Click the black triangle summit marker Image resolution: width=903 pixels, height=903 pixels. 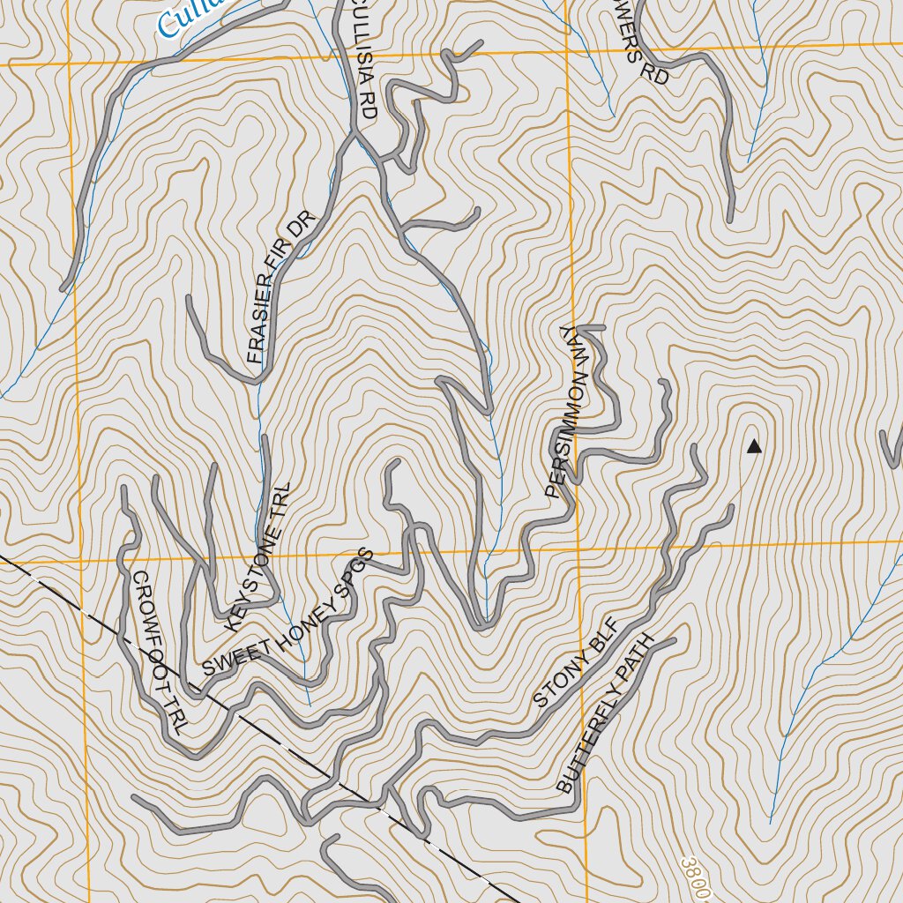(754, 447)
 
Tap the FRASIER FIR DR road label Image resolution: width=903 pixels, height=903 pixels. (280, 287)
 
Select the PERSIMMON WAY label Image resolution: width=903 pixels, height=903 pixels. (566, 412)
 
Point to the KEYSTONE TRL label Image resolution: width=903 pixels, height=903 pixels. (258, 556)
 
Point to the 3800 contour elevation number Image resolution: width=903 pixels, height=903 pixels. (696, 877)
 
